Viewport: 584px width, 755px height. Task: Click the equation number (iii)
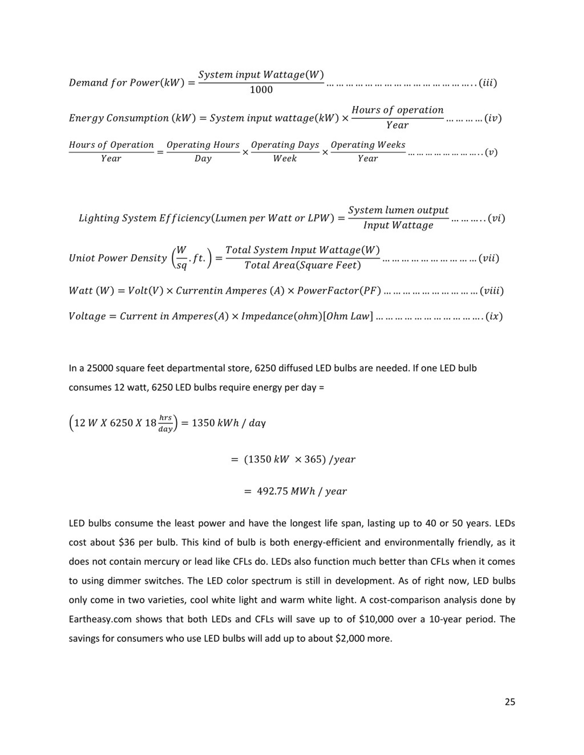click(x=488, y=83)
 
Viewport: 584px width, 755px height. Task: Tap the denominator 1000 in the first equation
click(x=261, y=90)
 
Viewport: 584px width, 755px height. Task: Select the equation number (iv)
click(x=493, y=118)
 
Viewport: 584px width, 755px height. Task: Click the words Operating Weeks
click(x=368, y=145)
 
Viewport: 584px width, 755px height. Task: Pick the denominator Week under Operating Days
click(x=285, y=158)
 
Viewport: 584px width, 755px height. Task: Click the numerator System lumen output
click(x=398, y=210)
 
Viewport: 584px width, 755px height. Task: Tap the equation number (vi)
click(x=496, y=218)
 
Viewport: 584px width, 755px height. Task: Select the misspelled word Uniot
click(x=82, y=258)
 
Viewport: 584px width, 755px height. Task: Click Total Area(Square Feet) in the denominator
click(x=302, y=265)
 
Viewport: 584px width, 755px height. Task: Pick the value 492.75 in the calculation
click(x=272, y=491)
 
